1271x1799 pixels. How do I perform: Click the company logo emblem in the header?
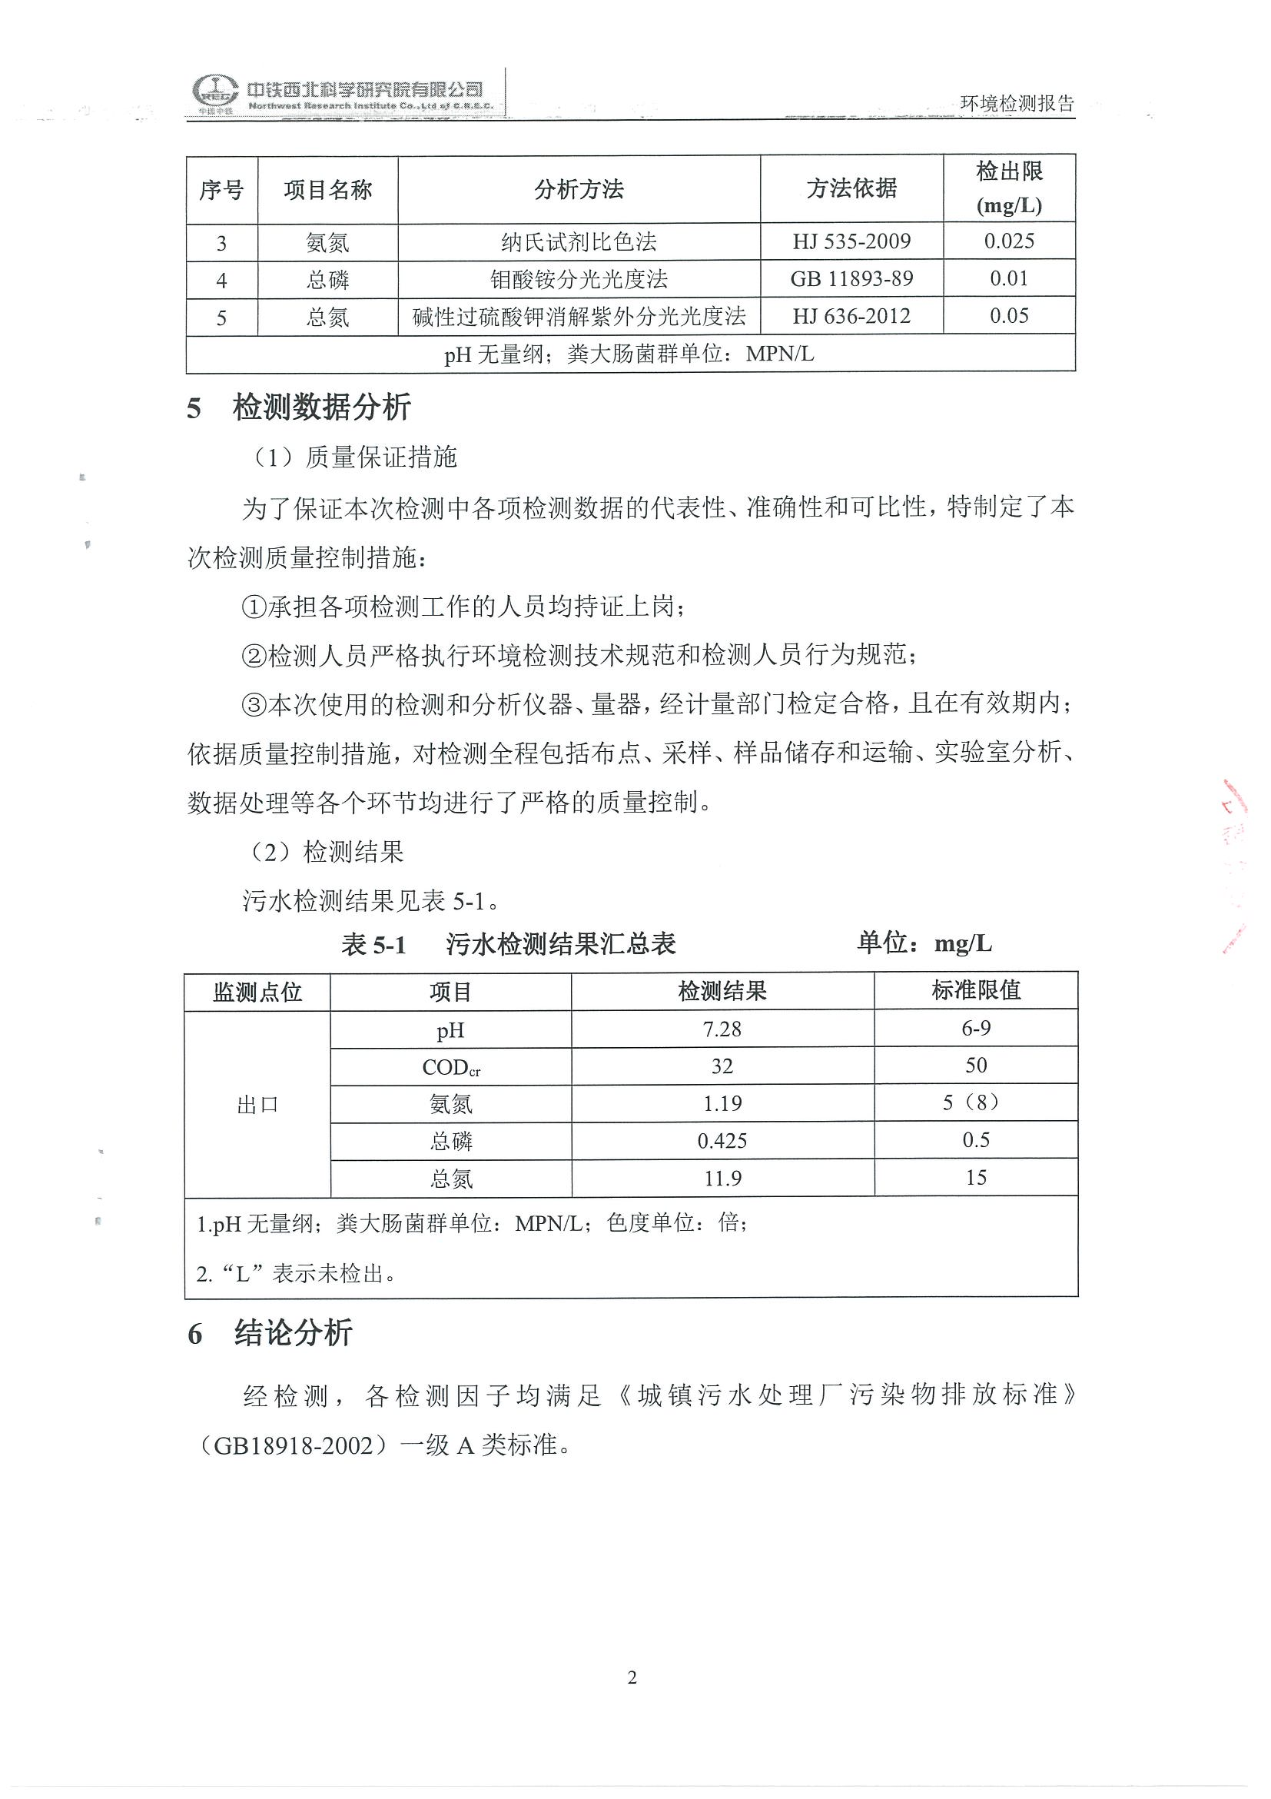(x=216, y=94)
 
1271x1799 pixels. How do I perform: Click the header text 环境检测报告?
(x=1017, y=104)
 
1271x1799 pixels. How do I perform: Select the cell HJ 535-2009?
(x=851, y=241)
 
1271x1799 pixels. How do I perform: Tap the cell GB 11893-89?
(x=851, y=279)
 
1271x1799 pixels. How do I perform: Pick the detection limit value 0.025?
(x=1009, y=241)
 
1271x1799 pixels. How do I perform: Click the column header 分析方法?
(x=579, y=189)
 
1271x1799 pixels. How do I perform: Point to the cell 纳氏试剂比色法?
(x=579, y=241)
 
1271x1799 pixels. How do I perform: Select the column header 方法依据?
(x=851, y=189)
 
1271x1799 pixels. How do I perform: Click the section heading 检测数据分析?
(x=321, y=407)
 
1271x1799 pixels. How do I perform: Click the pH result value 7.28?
(x=722, y=1029)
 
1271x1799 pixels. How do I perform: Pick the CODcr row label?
(x=450, y=1066)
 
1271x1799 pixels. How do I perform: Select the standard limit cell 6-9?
(x=976, y=1029)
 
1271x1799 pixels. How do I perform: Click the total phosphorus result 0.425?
(x=722, y=1141)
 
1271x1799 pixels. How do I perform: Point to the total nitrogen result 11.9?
(x=722, y=1179)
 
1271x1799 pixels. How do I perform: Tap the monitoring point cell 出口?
(x=257, y=1105)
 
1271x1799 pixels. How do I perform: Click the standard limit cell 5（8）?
(x=976, y=1103)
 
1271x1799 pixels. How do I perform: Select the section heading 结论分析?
(x=293, y=1333)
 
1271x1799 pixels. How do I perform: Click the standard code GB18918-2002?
(x=294, y=1445)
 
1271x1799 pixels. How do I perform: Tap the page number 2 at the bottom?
(x=632, y=1678)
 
